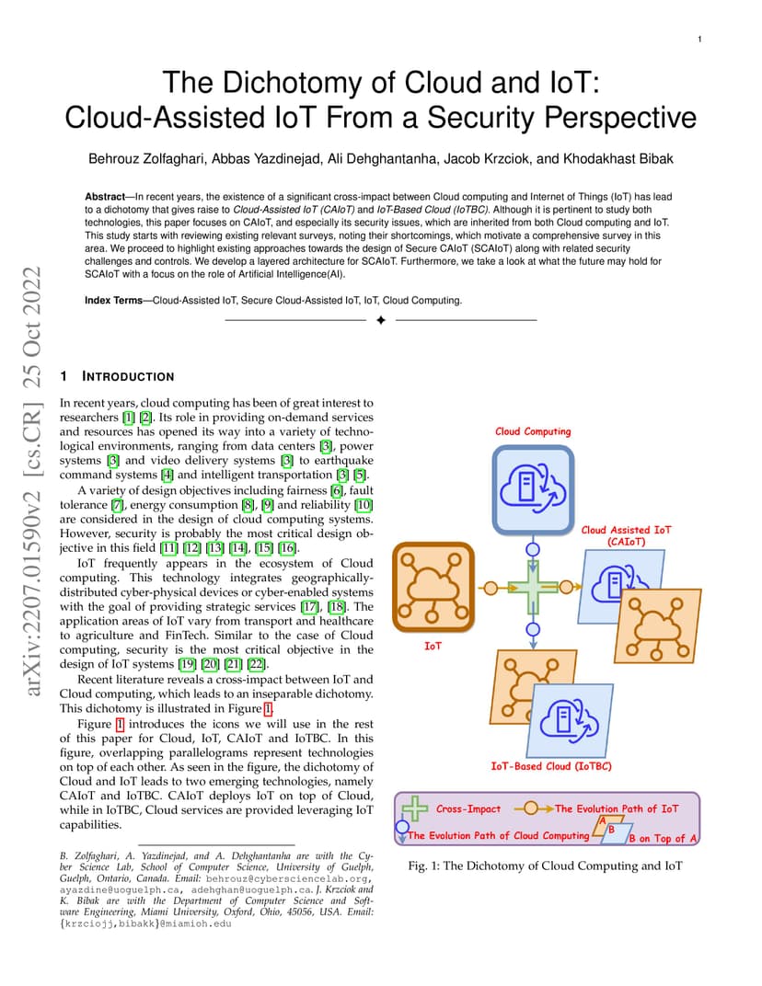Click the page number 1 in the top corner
(699, 39)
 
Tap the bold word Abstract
(105, 196)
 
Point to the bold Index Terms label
(114, 300)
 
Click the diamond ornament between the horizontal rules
(381, 320)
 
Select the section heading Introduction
(128, 376)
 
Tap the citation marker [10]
(364, 504)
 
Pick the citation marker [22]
(256, 663)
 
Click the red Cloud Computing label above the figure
(533, 431)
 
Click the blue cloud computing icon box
(533, 489)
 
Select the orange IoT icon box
(433, 587)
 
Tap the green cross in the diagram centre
(533, 588)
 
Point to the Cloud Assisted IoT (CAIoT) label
(626, 535)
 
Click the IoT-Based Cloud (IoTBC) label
(551, 766)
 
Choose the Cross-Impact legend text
(468, 808)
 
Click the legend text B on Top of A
(663, 838)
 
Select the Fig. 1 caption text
(545, 866)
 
